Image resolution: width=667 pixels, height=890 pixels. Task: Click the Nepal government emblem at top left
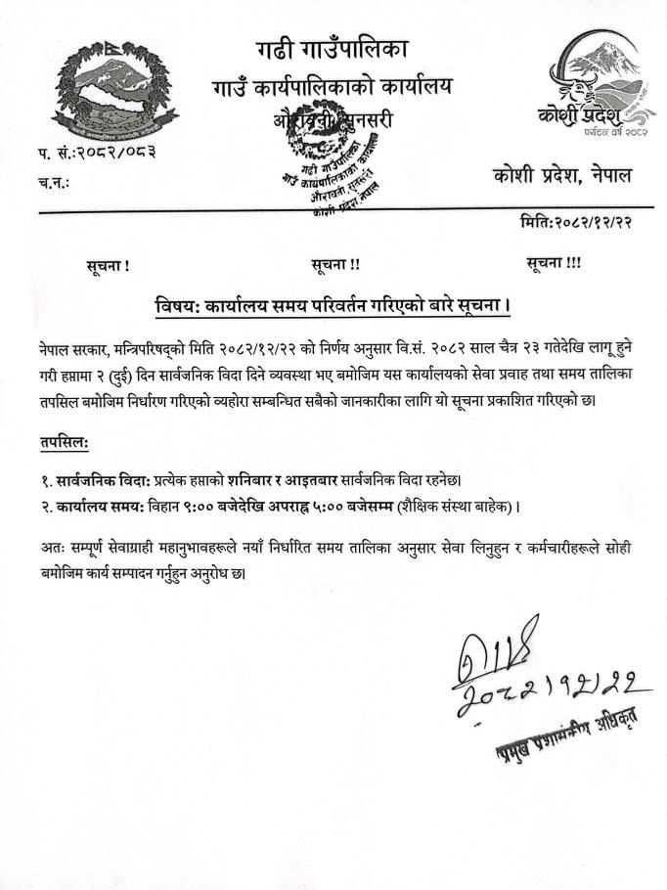click(109, 92)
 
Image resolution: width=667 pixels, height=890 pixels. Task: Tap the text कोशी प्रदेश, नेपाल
click(562, 176)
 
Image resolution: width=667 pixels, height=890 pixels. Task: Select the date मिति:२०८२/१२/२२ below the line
click(576, 223)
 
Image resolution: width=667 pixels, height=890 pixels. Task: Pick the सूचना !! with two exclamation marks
click(335, 264)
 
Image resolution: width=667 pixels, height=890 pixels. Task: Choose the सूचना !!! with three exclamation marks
click(553, 264)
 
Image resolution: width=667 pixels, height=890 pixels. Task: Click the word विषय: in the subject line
click(176, 305)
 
